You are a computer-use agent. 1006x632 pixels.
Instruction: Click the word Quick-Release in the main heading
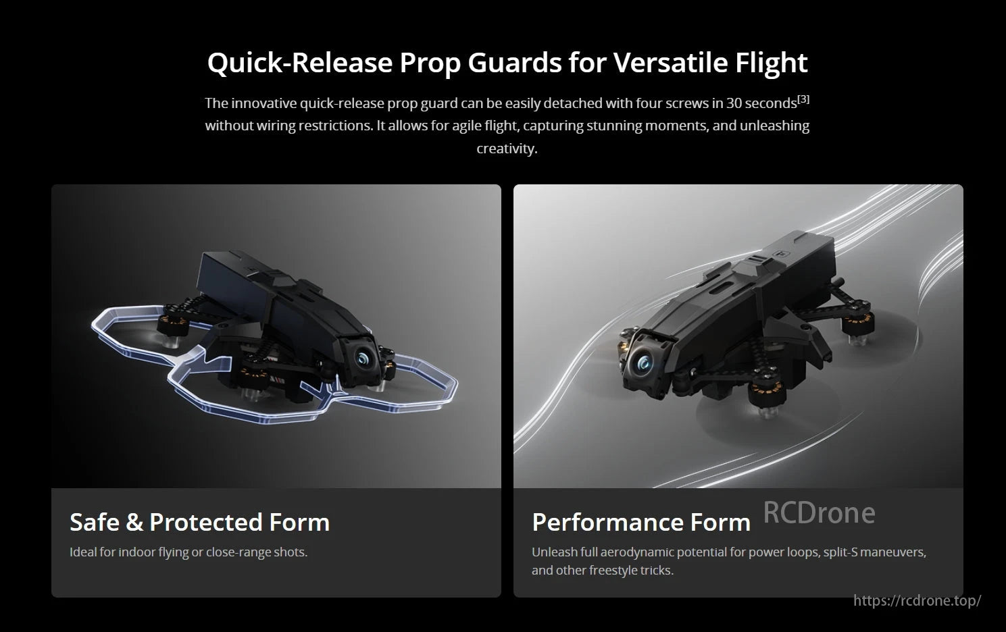[299, 62]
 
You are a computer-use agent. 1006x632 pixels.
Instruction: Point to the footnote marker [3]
[803, 99]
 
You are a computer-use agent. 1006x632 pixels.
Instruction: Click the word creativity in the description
[506, 149]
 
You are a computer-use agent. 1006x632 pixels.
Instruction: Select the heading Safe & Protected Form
[199, 522]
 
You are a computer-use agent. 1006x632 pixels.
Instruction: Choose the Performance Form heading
[641, 522]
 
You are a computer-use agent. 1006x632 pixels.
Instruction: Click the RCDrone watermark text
[819, 513]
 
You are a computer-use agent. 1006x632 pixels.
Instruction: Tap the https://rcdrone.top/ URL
[917, 600]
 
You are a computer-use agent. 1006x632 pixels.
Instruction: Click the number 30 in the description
[734, 103]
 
